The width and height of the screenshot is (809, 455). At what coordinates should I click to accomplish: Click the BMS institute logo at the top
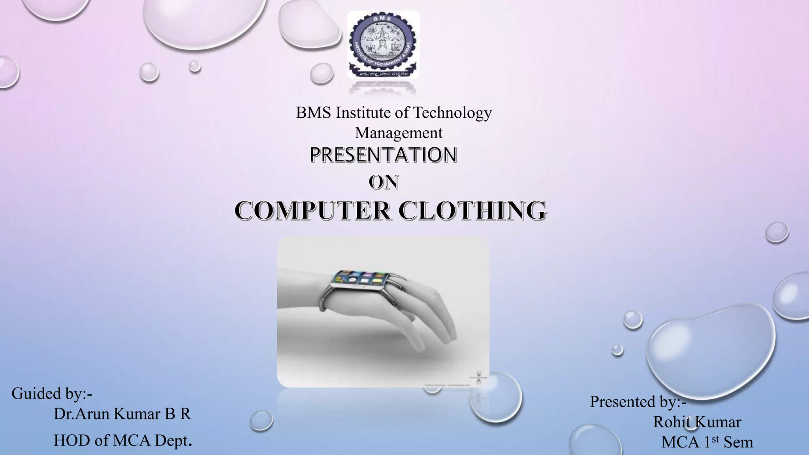tap(383, 44)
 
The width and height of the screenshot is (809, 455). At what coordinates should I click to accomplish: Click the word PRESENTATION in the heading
tap(383, 155)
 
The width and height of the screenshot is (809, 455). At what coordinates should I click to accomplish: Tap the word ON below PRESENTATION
tap(383, 182)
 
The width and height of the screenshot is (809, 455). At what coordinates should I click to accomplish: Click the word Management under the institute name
tap(399, 133)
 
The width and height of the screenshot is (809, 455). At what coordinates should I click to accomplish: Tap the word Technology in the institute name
tap(452, 113)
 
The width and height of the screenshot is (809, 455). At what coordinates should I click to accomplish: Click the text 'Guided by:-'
tap(52, 393)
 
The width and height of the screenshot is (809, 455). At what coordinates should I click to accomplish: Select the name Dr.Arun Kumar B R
tap(122, 414)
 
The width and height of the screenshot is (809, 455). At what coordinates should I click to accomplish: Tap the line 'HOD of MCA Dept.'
tap(122, 440)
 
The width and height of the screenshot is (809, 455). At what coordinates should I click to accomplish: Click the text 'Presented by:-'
tap(638, 402)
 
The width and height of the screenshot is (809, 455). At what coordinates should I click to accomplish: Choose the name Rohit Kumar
tap(697, 422)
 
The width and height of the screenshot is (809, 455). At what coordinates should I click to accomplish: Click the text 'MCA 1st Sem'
tap(707, 442)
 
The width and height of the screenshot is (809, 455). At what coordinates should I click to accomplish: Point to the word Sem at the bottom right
tap(738, 442)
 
